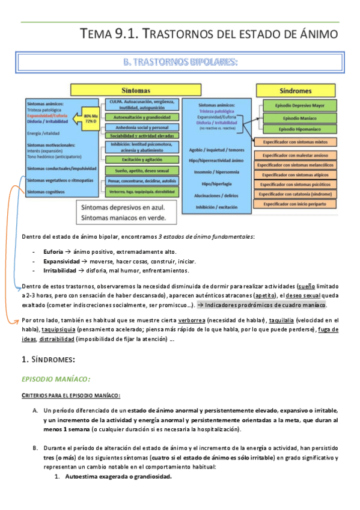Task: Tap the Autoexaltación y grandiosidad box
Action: pyautogui.click(x=142, y=117)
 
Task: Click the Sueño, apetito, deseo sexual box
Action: pyautogui.click(x=142, y=171)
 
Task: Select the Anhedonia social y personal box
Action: pyautogui.click(x=142, y=127)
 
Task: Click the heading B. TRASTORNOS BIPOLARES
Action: pyautogui.click(x=180, y=62)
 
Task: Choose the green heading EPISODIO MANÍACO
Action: pyautogui.click(x=56, y=379)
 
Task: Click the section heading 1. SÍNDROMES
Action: pyautogui.click(x=47, y=360)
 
